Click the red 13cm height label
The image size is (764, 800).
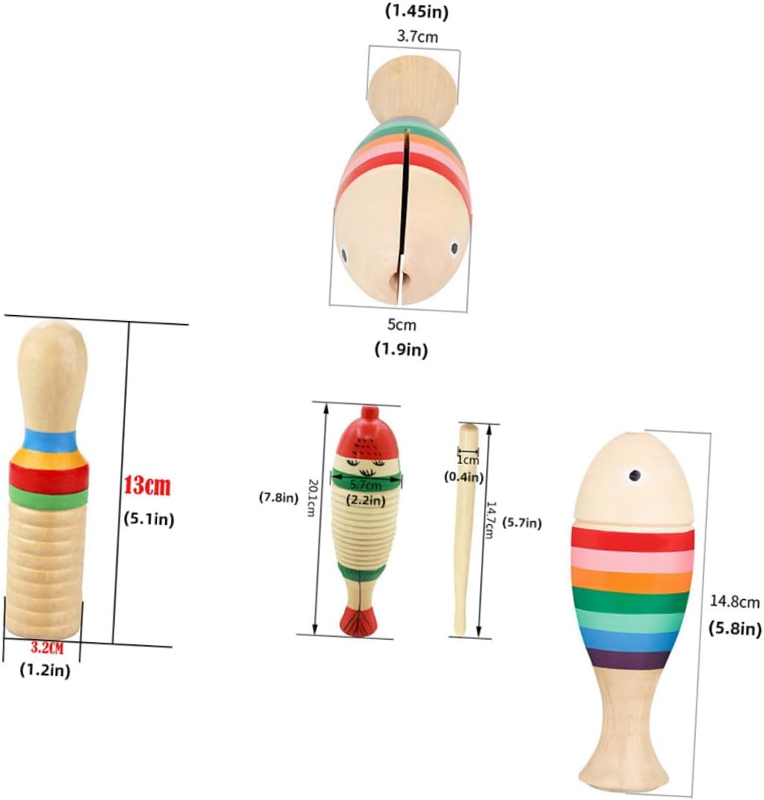coord(147,486)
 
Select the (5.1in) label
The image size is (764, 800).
coord(148,519)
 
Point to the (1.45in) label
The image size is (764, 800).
coord(417,11)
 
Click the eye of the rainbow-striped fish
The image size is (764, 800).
coord(635,475)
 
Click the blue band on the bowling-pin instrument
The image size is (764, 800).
coord(50,440)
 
